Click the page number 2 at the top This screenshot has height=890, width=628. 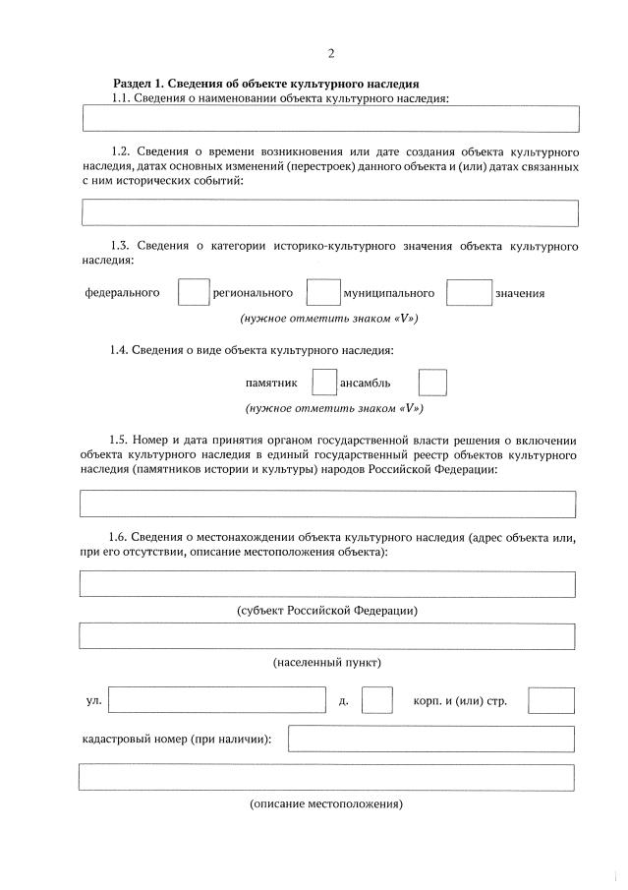[x=330, y=53]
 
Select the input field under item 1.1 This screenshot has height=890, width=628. [x=330, y=119]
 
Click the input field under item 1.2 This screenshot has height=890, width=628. [x=330, y=212]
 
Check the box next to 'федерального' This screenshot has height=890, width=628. [x=194, y=293]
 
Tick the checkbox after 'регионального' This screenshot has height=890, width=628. [x=323, y=293]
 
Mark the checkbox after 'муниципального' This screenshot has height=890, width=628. [x=469, y=293]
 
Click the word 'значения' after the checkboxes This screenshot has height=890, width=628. [x=520, y=294]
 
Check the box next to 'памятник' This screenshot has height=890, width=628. [x=323, y=383]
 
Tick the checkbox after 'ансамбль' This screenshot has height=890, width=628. [x=432, y=383]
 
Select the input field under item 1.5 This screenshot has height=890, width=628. [x=327, y=504]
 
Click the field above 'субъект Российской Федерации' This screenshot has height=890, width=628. [x=327, y=584]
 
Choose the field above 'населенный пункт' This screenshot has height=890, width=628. [x=327, y=636]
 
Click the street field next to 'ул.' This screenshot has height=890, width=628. [x=216, y=700]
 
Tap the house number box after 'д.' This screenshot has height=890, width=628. [x=376, y=700]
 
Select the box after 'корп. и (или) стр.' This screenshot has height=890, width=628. [x=550, y=700]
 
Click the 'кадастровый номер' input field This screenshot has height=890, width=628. [x=430, y=739]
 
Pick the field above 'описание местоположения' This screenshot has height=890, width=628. [x=327, y=778]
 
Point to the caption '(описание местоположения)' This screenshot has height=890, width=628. [x=327, y=804]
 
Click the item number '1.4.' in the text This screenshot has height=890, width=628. [x=120, y=350]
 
